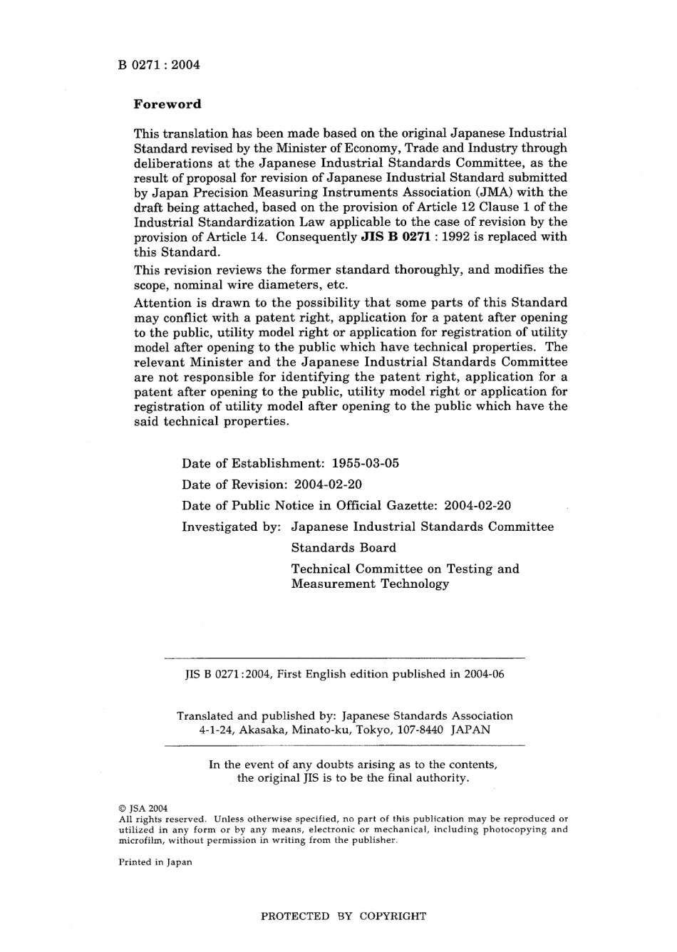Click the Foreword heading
coord(167,104)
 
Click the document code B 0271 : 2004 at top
coord(159,65)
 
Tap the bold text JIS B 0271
coord(394,237)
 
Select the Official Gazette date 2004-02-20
coord(477,506)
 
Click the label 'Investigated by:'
coord(232,527)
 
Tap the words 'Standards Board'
coord(343,548)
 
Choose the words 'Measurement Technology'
coord(370,584)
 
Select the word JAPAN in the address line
coord(470,730)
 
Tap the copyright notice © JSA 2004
coord(143,808)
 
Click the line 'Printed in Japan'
coord(155,862)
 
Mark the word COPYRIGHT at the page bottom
coord(393,916)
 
